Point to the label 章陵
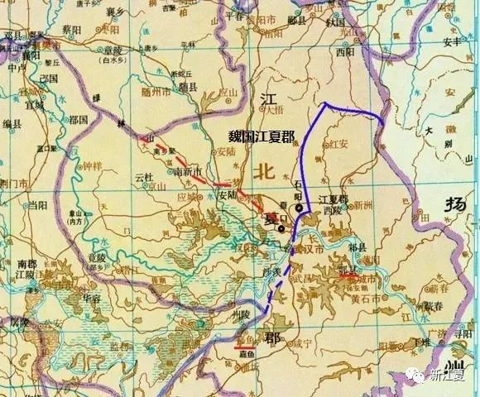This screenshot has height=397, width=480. [113, 50]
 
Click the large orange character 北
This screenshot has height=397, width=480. [265, 172]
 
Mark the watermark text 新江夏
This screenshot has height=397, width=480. [448, 376]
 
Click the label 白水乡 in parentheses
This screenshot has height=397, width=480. [112, 60]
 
